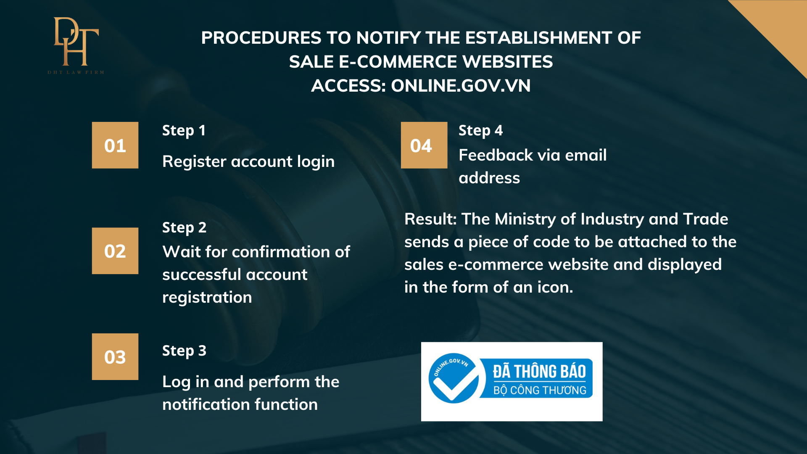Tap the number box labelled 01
coord(115,145)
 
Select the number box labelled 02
coord(115,251)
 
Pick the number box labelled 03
coord(115,357)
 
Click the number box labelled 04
coord(424,145)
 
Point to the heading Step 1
coord(184,131)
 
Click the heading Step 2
coord(185,228)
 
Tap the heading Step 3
coord(185,351)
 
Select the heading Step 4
coord(481,131)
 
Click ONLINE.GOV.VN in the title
coord(461,86)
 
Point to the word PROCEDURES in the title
coord(261,38)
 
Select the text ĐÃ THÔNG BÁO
coord(539,372)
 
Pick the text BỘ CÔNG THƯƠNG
coord(540,391)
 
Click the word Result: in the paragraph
coord(430,219)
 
